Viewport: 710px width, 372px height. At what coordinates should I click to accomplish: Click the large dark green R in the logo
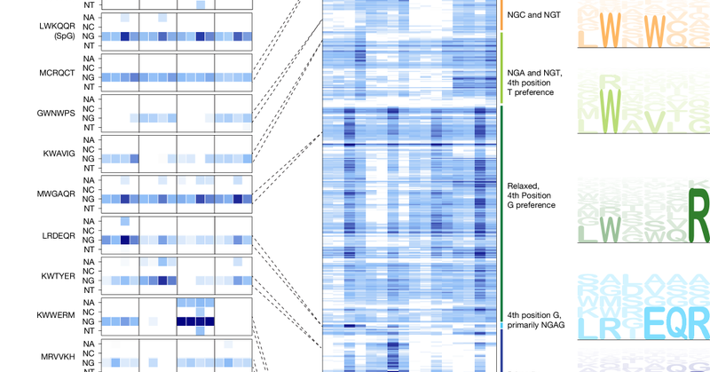(699, 214)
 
